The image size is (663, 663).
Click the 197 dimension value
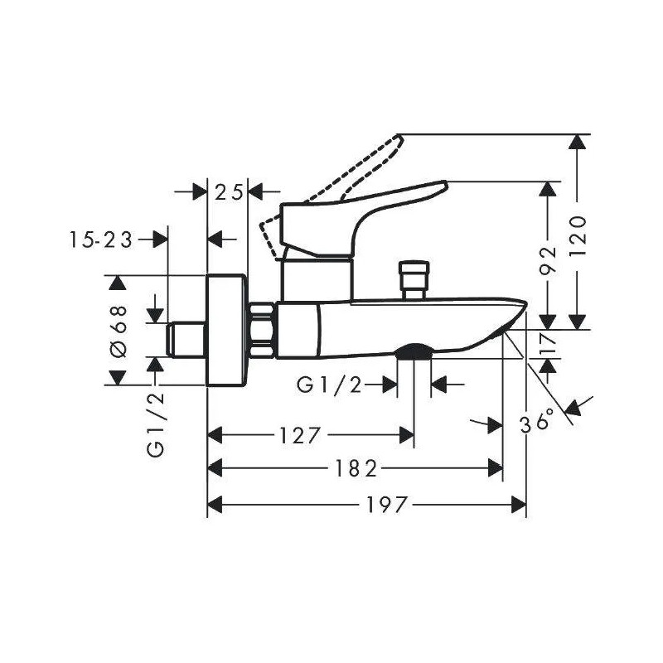tap(386, 505)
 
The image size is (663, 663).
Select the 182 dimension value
tap(356, 468)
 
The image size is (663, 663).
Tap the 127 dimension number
tap(298, 435)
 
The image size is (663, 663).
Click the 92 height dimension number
tap(549, 260)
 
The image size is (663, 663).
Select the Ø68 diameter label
tap(118, 331)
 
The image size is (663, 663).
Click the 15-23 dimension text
tap(101, 240)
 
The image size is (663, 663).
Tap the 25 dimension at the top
tap(229, 192)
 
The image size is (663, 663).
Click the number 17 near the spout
tap(549, 344)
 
